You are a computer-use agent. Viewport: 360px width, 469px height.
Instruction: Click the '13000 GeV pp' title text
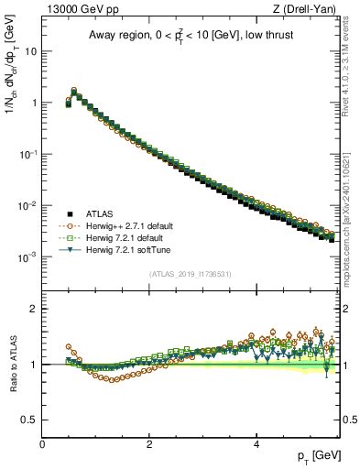click(x=83, y=9)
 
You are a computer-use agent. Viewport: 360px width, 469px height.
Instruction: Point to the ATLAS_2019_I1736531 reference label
click(x=190, y=274)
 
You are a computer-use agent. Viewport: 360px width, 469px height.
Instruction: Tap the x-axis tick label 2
click(x=149, y=443)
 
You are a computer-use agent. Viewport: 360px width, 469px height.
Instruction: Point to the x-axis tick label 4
click(x=256, y=443)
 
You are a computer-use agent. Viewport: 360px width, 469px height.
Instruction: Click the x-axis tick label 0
click(x=42, y=443)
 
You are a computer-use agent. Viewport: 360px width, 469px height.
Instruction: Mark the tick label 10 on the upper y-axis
click(x=29, y=51)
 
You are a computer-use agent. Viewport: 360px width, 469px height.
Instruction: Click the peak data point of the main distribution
click(x=74, y=92)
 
